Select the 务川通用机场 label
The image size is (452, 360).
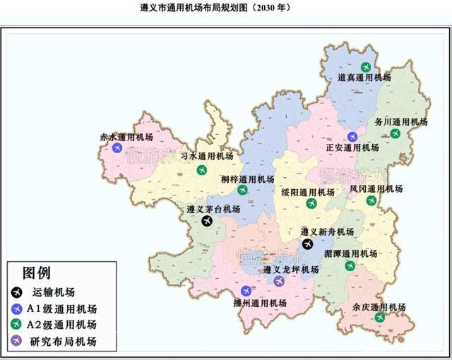400,121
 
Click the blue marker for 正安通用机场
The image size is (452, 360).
352,136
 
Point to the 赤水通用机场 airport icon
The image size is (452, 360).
117,148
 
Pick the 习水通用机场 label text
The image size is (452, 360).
206,155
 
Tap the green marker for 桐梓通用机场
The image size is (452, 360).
243,190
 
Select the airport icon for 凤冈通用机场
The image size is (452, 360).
371,200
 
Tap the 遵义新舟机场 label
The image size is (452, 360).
327,232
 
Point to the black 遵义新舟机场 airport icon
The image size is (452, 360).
307,243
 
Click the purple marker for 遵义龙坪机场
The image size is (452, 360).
279,281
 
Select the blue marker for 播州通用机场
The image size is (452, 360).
246,291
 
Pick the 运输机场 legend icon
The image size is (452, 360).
17,292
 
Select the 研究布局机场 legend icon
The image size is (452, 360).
17,342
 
